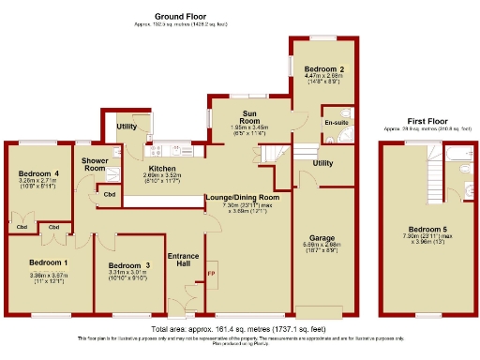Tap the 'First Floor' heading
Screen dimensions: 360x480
[427, 120]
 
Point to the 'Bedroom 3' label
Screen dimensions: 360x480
[129, 265]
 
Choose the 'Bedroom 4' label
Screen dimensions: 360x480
[38, 173]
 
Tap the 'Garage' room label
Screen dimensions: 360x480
[322, 238]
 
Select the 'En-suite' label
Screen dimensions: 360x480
[336, 123]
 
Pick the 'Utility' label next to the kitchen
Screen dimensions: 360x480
[127, 126]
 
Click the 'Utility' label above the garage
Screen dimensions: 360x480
[322, 163]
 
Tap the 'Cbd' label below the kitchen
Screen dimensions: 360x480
[111, 195]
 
